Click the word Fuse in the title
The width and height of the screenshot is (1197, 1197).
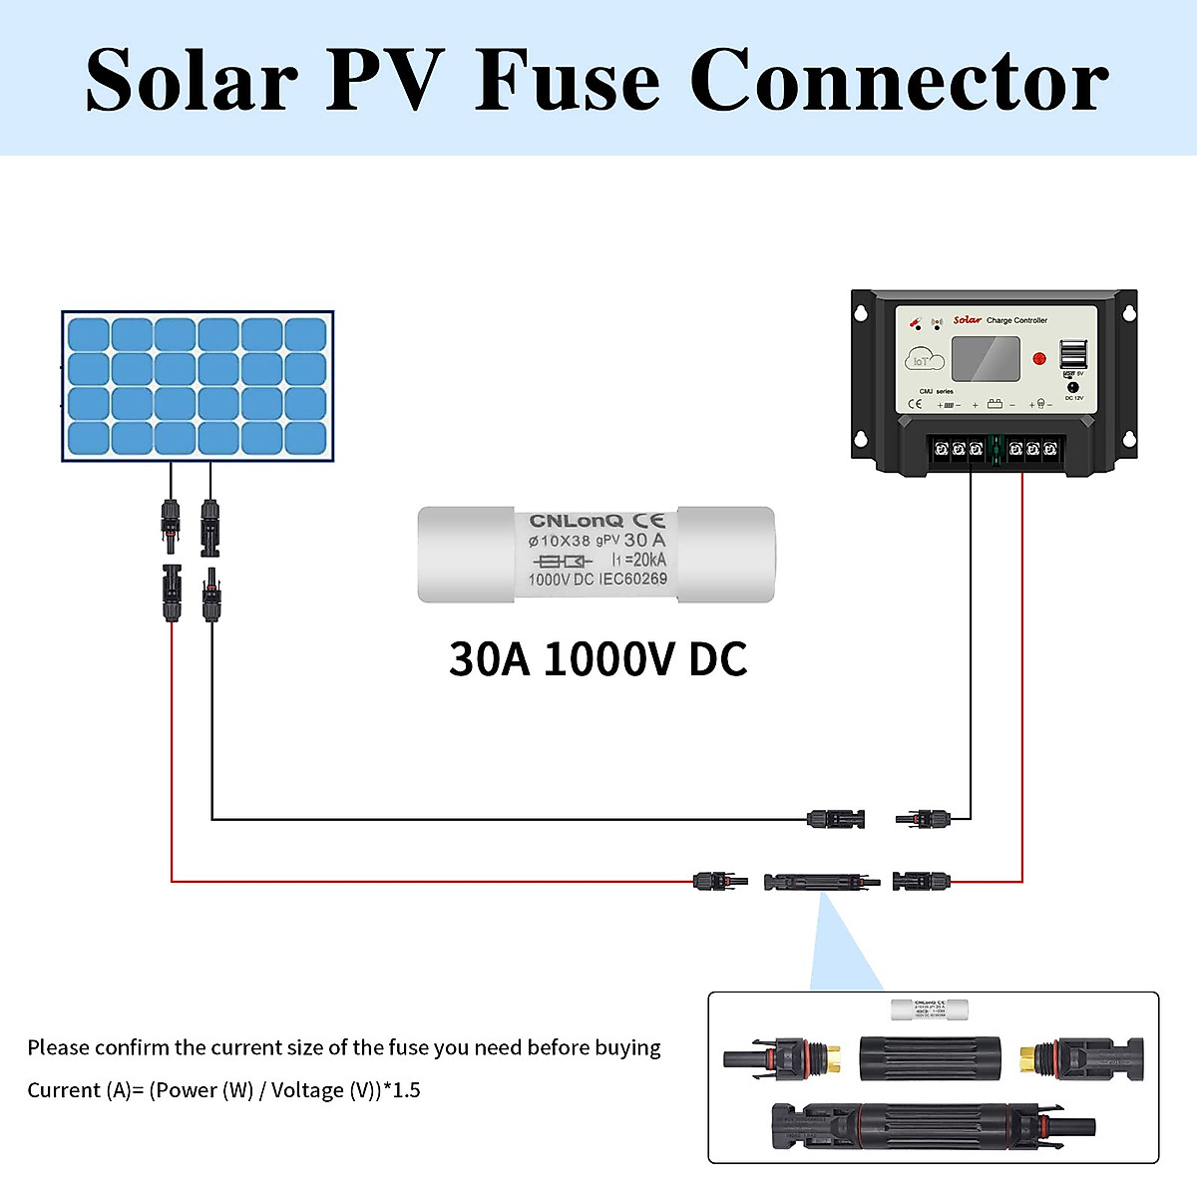pyautogui.click(x=567, y=80)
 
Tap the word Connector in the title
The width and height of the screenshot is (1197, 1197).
pyautogui.click(x=899, y=80)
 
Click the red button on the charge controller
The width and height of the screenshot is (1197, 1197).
pyautogui.click(x=1038, y=358)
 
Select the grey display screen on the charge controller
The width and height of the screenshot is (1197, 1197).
pyautogui.click(x=986, y=359)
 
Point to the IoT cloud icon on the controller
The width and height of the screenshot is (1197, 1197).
pyautogui.click(x=924, y=360)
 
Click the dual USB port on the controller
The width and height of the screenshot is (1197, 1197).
pyautogui.click(x=1073, y=354)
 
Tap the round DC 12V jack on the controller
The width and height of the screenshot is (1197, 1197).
pyautogui.click(x=1073, y=386)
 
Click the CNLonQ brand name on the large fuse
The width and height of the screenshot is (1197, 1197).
pyautogui.click(x=576, y=521)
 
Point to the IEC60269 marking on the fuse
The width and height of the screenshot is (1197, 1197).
pyautogui.click(x=632, y=579)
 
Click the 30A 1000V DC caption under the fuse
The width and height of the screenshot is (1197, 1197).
pyautogui.click(x=598, y=659)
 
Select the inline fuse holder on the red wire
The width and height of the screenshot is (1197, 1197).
pyautogui.click(x=821, y=882)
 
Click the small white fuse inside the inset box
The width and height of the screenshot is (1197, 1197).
pyautogui.click(x=931, y=1008)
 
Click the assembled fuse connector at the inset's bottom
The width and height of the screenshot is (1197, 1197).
pyautogui.click(x=933, y=1126)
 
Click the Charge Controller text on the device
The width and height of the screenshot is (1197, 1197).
pyautogui.click(x=1016, y=320)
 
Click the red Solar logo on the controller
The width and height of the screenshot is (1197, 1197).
pyautogui.click(x=967, y=320)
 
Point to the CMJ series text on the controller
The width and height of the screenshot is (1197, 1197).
pyautogui.click(x=936, y=391)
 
